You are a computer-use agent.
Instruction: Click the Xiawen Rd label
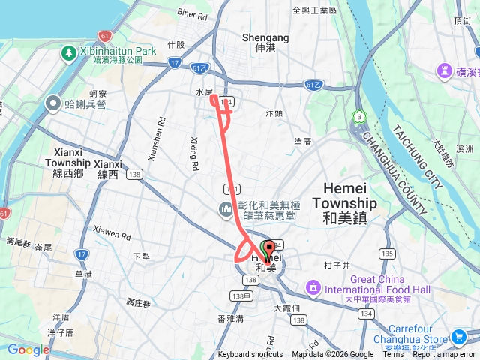112,233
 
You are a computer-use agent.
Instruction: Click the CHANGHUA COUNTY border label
393,172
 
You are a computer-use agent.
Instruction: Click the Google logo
28,349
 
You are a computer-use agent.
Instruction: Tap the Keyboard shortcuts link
250,355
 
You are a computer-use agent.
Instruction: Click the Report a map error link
444,355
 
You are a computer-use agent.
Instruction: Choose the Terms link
393,355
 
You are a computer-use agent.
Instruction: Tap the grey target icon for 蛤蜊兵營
53,103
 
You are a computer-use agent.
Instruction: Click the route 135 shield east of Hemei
386,253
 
